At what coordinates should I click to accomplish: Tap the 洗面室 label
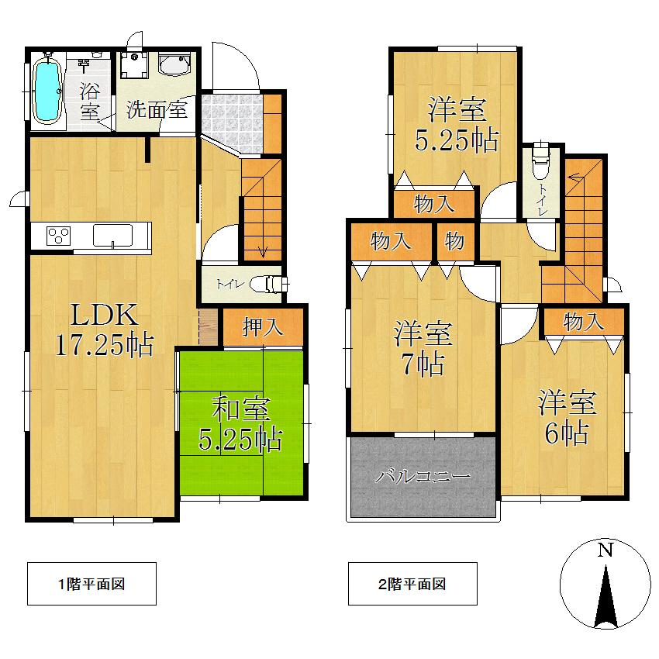click(157, 109)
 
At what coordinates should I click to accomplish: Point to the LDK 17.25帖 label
click(104, 329)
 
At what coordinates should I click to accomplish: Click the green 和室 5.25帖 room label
click(240, 426)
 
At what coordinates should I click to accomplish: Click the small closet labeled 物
click(454, 242)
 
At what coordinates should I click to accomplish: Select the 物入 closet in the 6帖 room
click(583, 321)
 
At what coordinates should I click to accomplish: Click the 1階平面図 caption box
click(91, 584)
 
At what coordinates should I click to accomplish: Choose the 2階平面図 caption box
click(412, 584)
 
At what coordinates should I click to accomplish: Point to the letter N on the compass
click(605, 550)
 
